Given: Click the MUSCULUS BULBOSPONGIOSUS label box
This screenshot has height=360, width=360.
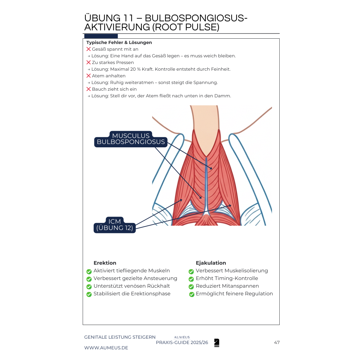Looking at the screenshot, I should (131, 139).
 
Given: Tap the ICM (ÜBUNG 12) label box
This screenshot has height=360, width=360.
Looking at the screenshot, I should (115, 225).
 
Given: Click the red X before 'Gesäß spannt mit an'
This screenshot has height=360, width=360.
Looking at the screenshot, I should (89, 49).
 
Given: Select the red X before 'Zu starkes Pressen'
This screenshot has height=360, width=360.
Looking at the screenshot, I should (89, 62).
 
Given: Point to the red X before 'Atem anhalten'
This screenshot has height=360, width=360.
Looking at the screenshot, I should (89, 76).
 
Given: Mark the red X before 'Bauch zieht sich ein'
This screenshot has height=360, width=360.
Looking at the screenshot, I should (89, 89).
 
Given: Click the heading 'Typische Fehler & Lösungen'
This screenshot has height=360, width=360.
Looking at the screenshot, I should (119, 43).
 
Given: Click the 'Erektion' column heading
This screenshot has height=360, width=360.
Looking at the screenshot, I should (105, 263).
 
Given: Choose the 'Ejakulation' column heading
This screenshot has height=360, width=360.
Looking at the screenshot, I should (211, 263).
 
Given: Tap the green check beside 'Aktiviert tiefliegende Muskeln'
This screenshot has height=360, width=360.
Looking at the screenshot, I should (89, 271).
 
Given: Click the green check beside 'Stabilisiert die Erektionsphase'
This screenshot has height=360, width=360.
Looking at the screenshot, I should (89, 294).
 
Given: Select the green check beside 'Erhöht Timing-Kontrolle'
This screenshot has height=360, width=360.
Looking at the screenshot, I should (191, 279).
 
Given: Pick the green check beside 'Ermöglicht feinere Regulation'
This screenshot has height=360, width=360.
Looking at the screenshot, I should (192, 294).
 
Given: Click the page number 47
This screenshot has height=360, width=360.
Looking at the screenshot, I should (277, 342).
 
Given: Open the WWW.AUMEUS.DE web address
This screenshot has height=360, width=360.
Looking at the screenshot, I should (106, 348).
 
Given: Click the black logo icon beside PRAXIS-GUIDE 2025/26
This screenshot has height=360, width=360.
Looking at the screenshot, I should (217, 343).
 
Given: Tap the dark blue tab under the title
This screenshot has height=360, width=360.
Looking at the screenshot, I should (101, 36).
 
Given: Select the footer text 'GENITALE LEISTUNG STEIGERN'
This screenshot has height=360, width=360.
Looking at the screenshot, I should (120, 337).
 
